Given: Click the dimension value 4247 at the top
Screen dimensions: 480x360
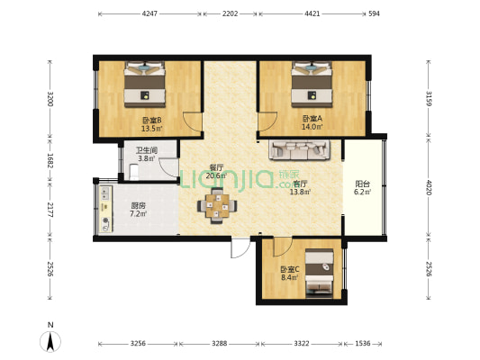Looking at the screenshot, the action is [149, 13].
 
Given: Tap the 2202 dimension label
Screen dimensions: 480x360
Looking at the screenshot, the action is [231, 13].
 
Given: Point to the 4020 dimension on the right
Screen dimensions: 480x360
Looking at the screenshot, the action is [429, 187].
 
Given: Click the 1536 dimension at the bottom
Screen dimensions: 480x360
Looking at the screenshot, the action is [363, 344].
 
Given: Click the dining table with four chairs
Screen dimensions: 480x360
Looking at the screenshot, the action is [217, 205].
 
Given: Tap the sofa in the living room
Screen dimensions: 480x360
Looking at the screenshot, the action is [300, 150].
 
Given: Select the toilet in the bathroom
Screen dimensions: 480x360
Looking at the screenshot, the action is [134, 172].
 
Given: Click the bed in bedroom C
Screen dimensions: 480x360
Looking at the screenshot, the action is [320, 273].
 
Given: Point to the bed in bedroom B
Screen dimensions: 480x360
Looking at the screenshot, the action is [144, 85].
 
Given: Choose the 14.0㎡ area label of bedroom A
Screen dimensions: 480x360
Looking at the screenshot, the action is [312, 127].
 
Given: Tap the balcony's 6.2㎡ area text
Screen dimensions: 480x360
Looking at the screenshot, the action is [362, 192].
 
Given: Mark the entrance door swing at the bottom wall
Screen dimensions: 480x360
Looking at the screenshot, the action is [240, 248].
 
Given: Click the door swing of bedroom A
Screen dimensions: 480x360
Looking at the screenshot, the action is [267, 122].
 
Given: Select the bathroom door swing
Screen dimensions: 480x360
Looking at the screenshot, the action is [169, 167].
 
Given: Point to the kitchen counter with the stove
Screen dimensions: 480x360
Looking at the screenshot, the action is [105, 209].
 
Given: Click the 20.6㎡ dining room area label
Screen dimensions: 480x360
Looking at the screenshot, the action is [216, 175].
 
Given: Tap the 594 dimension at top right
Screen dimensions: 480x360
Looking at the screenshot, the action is [374, 13].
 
